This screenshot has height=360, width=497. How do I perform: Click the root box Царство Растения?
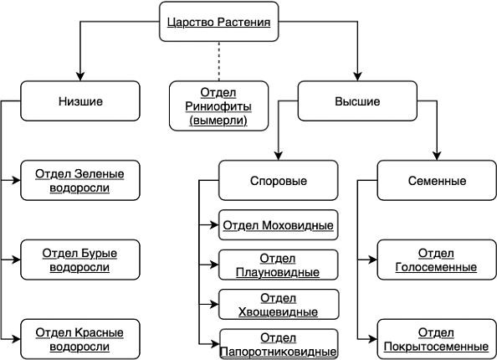218,22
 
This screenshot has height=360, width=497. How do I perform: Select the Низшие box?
80,100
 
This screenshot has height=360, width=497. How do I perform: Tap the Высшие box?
357,100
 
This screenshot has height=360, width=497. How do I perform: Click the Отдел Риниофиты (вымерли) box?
218,106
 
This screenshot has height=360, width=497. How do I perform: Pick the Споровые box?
279,180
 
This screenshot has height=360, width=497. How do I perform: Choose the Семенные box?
437,180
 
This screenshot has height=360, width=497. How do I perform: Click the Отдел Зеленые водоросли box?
80,180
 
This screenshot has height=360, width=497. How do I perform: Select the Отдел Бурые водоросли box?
80,260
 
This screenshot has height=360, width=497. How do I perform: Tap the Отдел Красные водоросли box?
80,339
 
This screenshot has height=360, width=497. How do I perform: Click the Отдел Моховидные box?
279,225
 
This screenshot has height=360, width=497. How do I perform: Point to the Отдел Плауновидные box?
279,265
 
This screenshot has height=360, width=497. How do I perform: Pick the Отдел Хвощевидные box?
279,305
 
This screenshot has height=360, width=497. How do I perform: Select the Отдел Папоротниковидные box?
279,344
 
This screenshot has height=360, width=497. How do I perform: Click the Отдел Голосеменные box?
437,260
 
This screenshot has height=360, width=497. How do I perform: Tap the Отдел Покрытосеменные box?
437,339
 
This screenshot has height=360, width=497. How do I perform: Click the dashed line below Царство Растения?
218,61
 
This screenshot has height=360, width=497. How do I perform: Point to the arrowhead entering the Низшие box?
80,76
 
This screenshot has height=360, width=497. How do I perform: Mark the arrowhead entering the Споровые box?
279,156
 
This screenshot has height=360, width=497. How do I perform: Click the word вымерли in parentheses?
218,121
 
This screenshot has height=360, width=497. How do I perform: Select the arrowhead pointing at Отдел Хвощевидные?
214,305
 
